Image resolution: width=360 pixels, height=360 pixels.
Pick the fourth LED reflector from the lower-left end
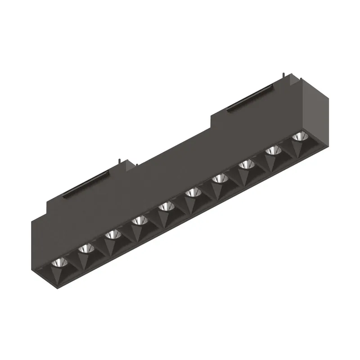(139, 220)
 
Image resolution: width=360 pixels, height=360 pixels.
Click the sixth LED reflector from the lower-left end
(193, 192)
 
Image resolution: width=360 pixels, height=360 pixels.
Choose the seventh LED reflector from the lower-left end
(219, 178)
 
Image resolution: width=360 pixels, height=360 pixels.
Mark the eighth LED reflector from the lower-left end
(246, 164)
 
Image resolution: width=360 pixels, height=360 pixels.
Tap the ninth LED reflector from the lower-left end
(272, 150)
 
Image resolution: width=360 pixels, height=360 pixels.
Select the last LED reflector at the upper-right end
(298, 136)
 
